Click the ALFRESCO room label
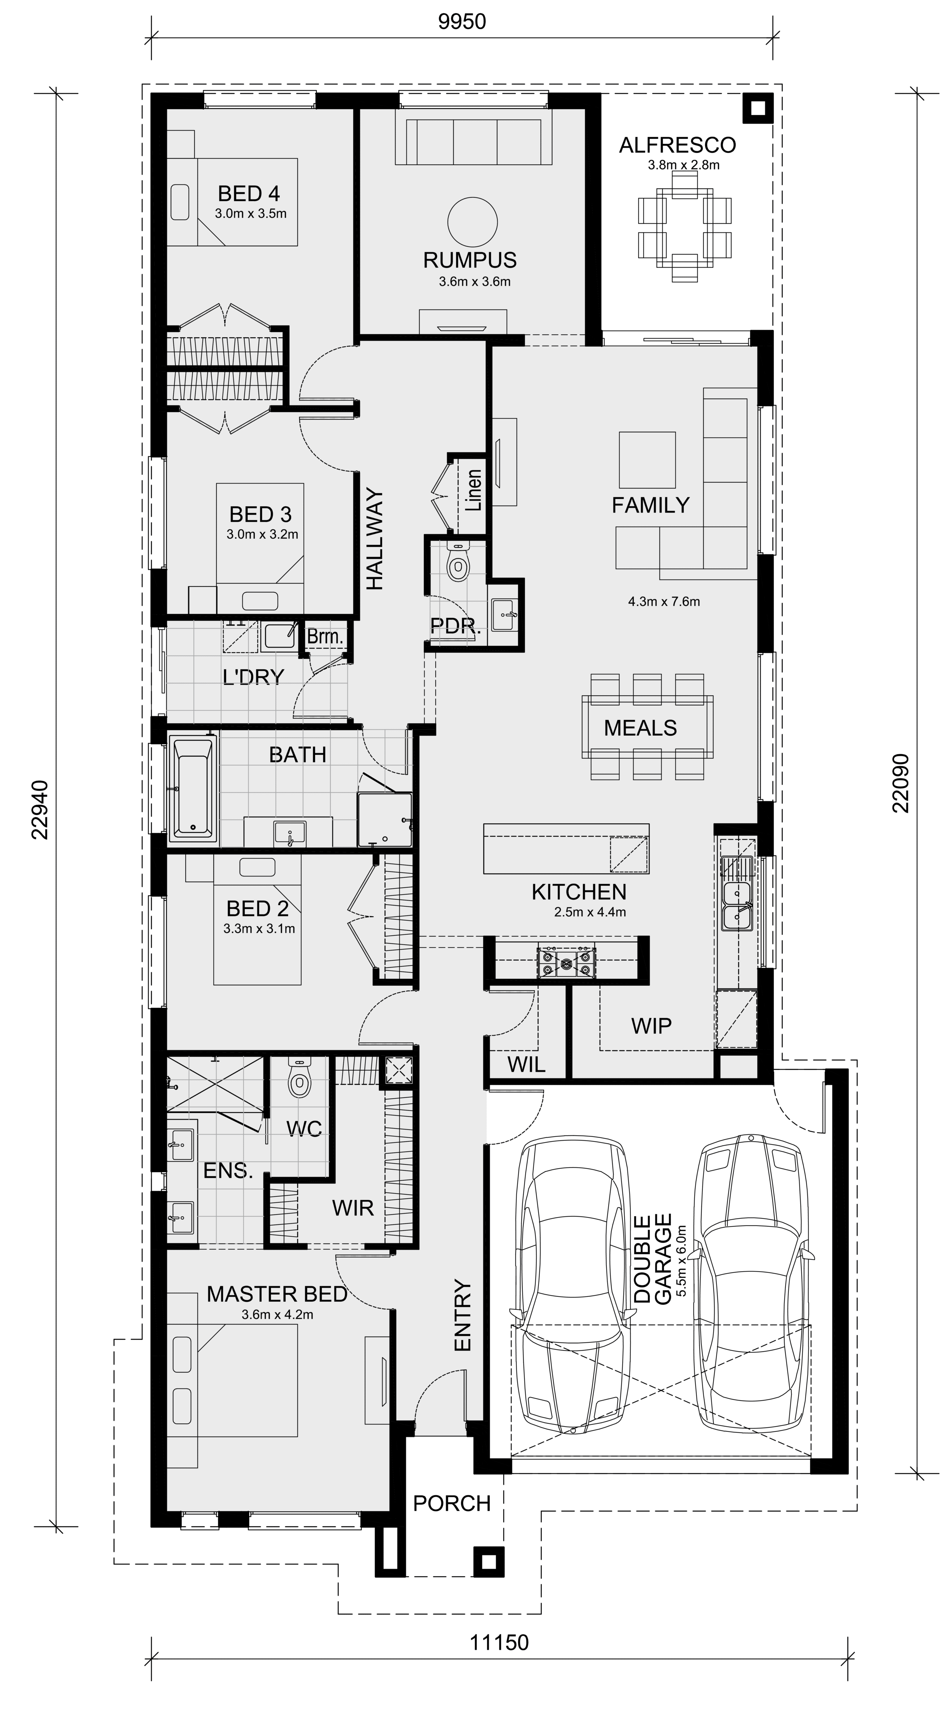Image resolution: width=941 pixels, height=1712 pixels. pos(677,145)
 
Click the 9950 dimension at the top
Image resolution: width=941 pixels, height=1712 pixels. pos(462,22)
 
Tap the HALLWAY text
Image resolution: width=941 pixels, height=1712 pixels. pos(375,540)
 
